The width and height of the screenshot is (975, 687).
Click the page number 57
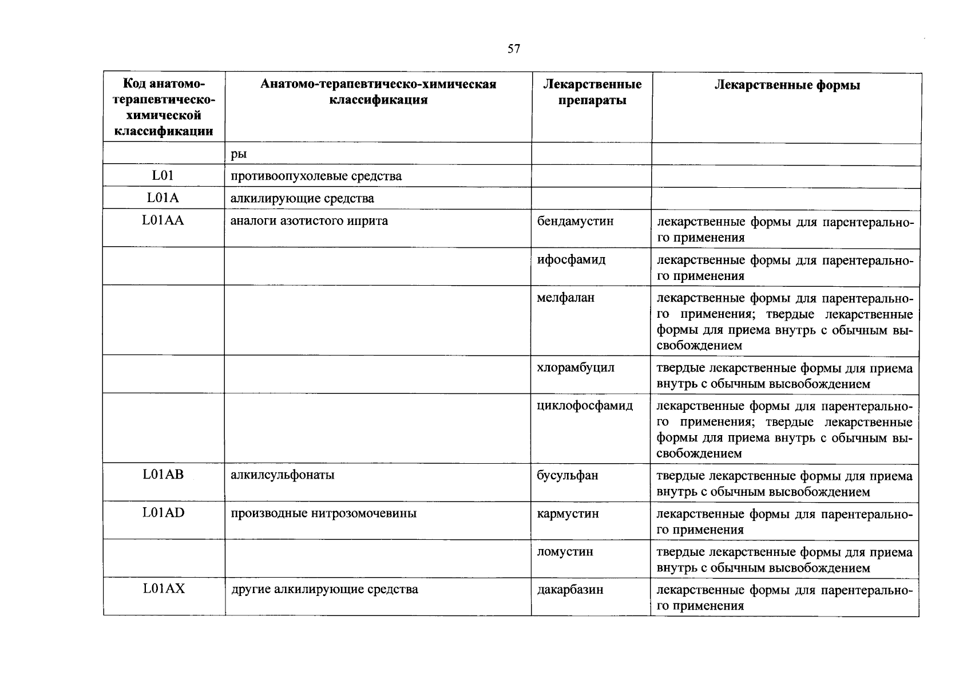point(513,49)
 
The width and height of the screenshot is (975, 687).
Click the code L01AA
point(163,220)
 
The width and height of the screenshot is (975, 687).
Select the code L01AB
point(163,475)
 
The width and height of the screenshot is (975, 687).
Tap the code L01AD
point(163,513)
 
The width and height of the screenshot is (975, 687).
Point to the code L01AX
point(164,589)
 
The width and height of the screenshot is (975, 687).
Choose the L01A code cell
point(163,198)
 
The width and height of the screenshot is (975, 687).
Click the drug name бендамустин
point(575,221)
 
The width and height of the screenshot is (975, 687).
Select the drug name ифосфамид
point(571,259)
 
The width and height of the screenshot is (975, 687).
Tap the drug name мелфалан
point(565,298)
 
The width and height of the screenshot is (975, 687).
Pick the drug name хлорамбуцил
point(576,368)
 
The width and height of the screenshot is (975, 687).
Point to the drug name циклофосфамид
point(585,406)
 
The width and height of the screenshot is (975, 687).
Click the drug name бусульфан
point(568,475)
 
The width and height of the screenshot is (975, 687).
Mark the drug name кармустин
point(568,514)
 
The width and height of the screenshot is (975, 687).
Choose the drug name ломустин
point(565,552)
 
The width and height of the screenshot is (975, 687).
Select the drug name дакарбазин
point(570,590)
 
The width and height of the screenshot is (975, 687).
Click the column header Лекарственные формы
point(787,85)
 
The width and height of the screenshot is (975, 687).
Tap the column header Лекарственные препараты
point(592,92)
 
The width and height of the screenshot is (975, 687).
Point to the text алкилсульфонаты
point(283,475)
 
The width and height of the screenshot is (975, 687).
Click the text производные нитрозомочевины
point(323,514)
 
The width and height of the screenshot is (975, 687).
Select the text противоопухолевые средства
point(316,176)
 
